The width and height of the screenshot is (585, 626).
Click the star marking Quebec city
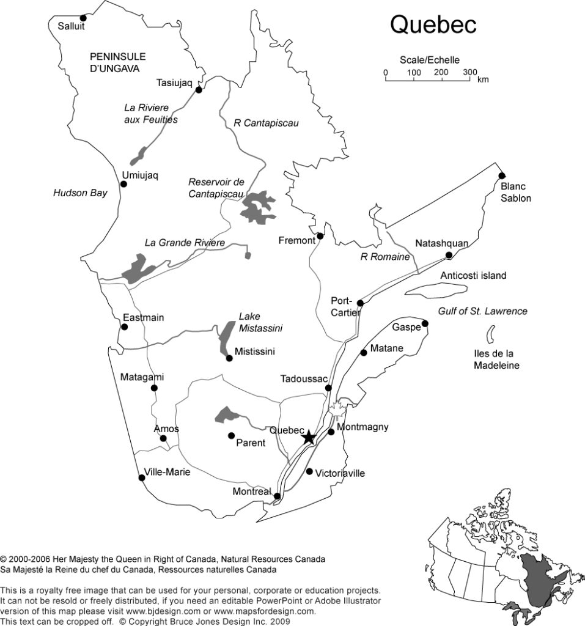click(309, 436)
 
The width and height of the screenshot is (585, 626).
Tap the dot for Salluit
click(83, 18)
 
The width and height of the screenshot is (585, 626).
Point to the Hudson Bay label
click(80, 193)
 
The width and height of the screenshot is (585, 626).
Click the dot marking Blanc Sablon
click(502, 175)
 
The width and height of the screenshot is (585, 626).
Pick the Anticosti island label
click(473, 276)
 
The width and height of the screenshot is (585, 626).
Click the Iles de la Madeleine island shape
click(490, 335)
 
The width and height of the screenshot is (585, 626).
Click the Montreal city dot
click(278, 496)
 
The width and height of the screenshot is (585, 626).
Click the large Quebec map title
click(433, 25)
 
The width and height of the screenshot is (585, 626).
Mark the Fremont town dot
click(319, 235)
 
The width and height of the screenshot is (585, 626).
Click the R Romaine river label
click(385, 257)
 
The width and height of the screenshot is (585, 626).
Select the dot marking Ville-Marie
click(142, 478)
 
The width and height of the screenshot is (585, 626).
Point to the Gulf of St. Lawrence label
click(482, 311)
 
